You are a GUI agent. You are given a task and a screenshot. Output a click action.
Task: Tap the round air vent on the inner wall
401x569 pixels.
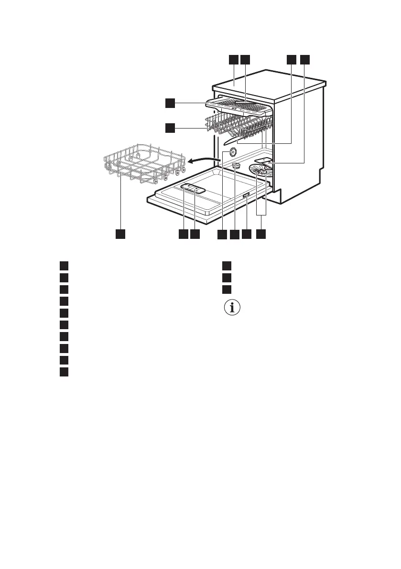pyautogui.click(x=233, y=151)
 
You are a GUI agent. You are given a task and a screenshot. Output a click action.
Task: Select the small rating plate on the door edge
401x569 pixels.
pyautogui.click(x=246, y=195)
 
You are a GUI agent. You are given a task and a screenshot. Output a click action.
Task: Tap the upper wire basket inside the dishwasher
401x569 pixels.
pyautogui.click(x=239, y=125)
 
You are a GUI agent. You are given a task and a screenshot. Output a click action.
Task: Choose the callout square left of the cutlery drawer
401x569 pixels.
pyautogui.click(x=170, y=103)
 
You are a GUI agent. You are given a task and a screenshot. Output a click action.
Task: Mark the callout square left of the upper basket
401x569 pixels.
pyautogui.click(x=170, y=128)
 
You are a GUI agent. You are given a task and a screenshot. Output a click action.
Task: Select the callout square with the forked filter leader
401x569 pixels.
pyautogui.click(x=261, y=234)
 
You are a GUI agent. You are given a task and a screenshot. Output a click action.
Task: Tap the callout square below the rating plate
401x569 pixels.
pyautogui.click(x=246, y=234)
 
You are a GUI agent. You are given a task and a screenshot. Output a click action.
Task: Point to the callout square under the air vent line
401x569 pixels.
pyautogui.click(x=222, y=234)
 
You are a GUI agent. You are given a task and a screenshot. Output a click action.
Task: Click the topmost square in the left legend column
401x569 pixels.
pyautogui.click(x=64, y=265)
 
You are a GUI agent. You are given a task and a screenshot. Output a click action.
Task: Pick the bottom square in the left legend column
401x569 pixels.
pyautogui.click(x=64, y=372)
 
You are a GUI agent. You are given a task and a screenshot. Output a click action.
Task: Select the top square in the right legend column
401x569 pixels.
pyautogui.click(x=227, y=265)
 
